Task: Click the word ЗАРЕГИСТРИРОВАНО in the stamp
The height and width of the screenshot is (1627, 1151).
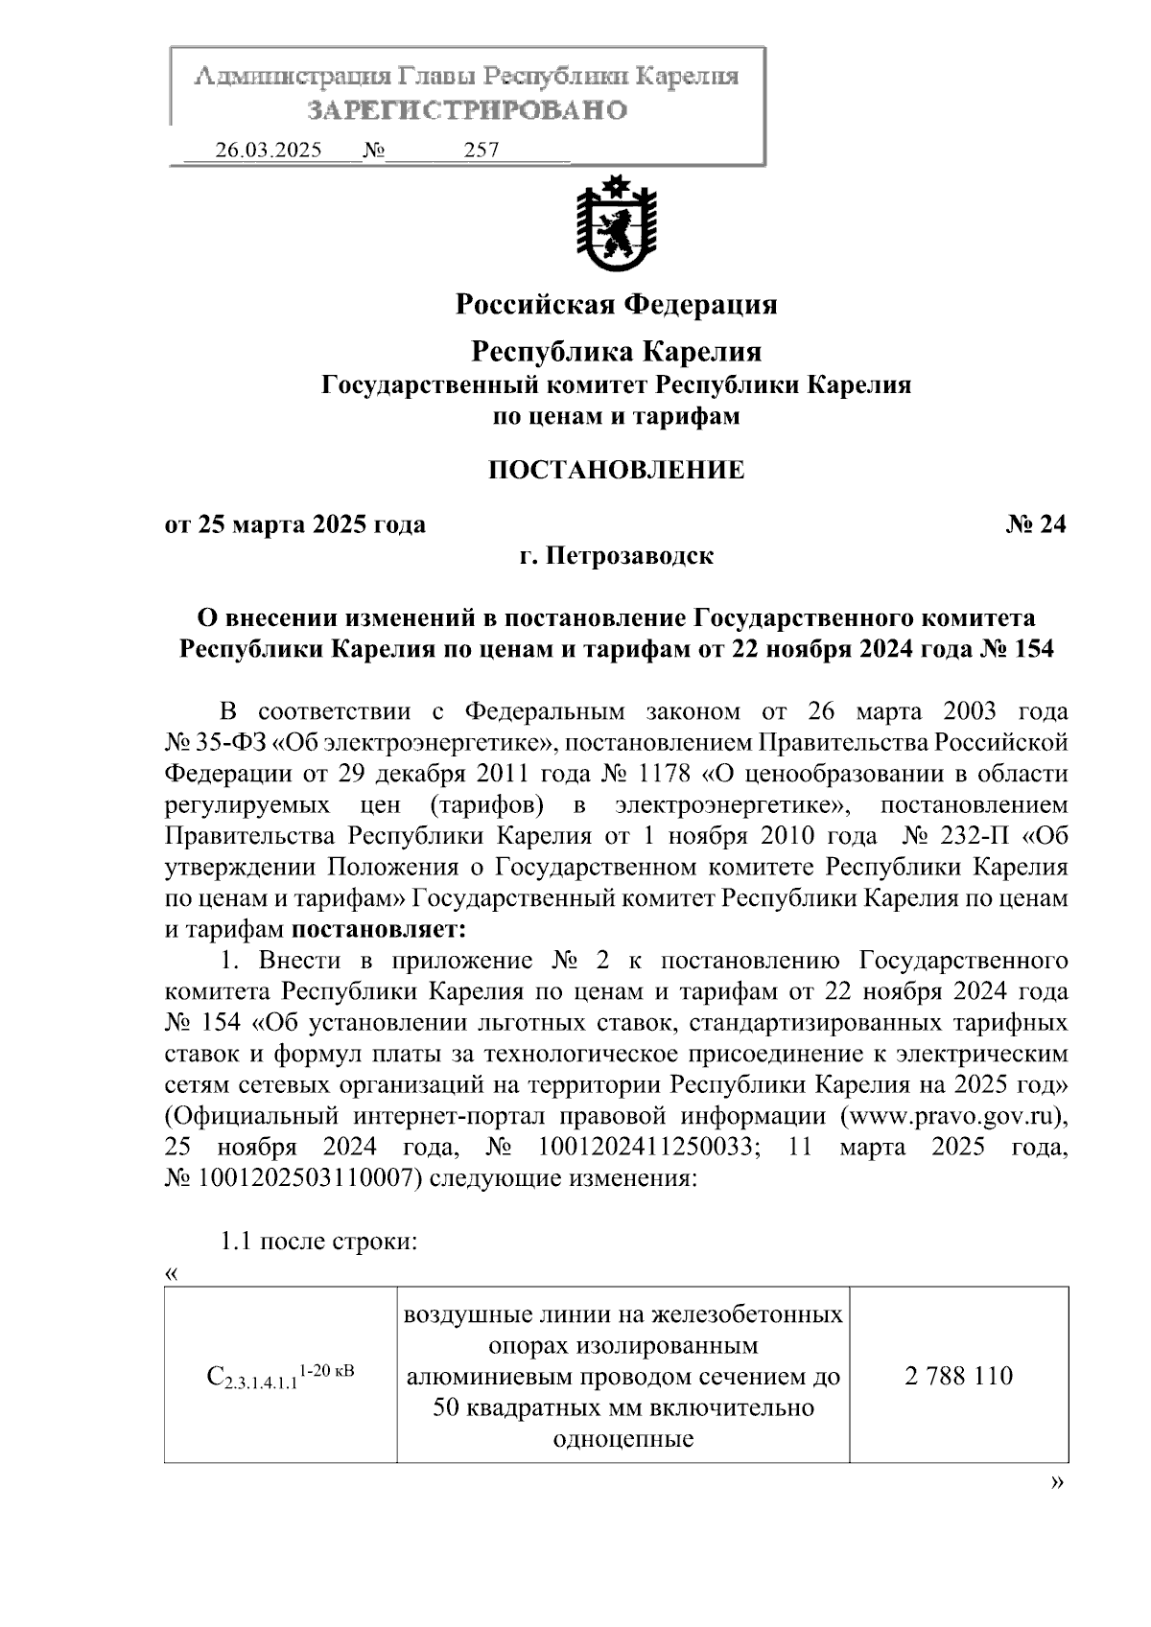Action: pyautogui.click(x=467, y=110)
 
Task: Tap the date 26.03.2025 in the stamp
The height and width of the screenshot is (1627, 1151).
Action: pyautogui.click(x=269, y=151)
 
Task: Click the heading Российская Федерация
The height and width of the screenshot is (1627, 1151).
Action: pyautogui.click(x=616, y=305)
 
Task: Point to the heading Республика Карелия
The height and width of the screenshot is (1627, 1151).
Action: pyautogui.click(x=616, y=352)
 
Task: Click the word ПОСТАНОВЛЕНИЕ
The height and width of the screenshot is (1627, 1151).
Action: pyautogui.click(x=616, y=470)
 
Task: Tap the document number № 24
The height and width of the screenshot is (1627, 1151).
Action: pyautogui.click(x=1036, y=524)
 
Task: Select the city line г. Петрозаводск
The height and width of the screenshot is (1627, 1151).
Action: pyautogui.click(x=616, y=555)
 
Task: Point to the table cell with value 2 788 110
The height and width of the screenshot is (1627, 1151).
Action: pyautogui.click(x=958, y=1376)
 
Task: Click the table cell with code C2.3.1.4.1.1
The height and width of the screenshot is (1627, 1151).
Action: pyautogui.click(x=280, y=1377)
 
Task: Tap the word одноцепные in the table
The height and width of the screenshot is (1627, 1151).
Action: pyautogui.click(x=623, y=1439)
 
